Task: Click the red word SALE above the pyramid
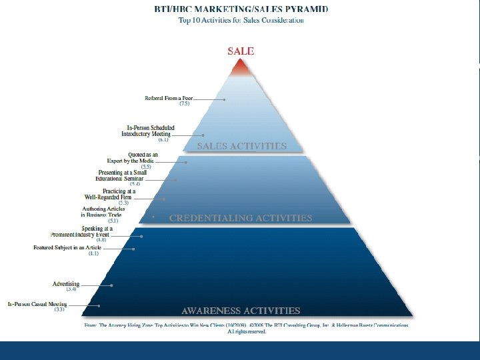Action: tap(241, 51)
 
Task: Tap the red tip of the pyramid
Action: tap(241, 67)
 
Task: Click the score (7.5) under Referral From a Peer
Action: tap(185, 104)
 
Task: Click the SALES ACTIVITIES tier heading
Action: tap(241, 146)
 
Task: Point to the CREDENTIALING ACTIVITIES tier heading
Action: tap(241, 218)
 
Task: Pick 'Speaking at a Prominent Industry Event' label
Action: tap(82, 232)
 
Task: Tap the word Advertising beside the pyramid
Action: tap(66, 284)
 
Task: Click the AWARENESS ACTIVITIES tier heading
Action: tap(241, 311)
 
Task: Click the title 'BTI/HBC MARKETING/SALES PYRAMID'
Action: tap(241, 9)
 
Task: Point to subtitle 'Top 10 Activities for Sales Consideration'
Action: tap(241, 20)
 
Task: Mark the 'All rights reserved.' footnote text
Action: tap(247, 331)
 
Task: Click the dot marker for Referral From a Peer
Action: tap(225, 100)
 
